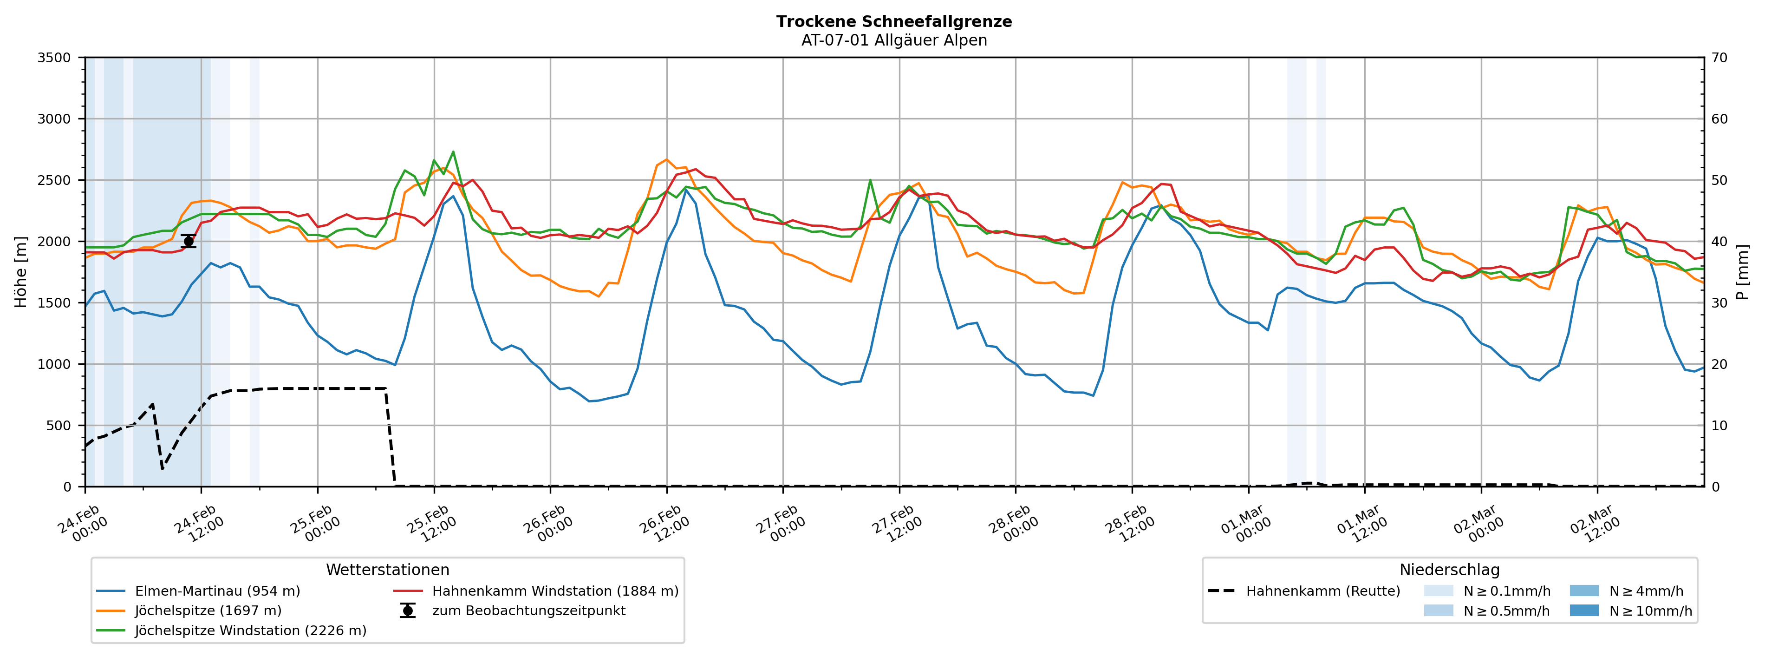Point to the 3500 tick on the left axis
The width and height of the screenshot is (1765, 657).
pos(54,58)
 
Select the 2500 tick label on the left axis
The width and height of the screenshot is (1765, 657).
pos(54,180)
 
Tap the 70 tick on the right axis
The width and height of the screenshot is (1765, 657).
pos(1720,58)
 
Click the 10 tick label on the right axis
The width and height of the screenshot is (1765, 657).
pos(1720,425)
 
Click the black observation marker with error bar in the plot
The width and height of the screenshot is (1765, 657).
pos(189,242)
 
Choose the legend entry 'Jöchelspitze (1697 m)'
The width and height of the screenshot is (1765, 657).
pos(208,611)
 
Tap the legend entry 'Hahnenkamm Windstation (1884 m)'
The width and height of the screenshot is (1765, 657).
pos(555,591)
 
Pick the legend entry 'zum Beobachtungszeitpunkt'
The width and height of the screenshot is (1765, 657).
pos(528,611)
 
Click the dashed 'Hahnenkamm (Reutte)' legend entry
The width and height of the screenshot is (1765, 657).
pos(1322,591)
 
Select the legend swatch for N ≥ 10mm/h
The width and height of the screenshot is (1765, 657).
pos(1583,611)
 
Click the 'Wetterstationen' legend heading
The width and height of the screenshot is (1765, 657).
pos(387,570)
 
